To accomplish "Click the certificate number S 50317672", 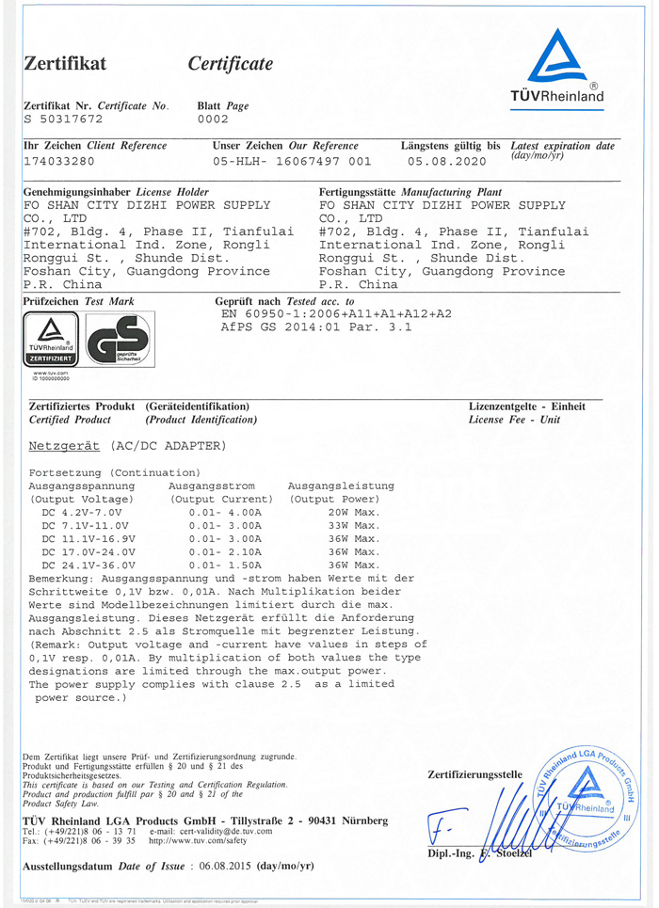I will pos(62,119).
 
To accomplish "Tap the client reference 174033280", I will pos(58,161).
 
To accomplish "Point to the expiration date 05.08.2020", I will pos(445,161).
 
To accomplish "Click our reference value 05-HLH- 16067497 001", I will pos(292,161).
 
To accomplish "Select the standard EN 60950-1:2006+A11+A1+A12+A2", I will pos(336,314).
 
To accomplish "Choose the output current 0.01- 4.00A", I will pos(224,512).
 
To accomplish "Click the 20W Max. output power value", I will pos(353,512).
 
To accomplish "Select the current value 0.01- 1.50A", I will pos(224,565).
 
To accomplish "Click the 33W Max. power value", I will pos(353,525).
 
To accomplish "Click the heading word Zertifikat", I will pos(65,64).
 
